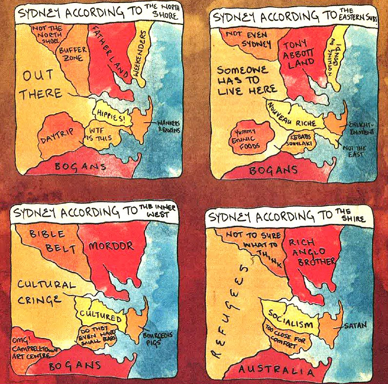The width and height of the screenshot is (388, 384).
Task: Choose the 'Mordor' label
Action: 110,246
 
